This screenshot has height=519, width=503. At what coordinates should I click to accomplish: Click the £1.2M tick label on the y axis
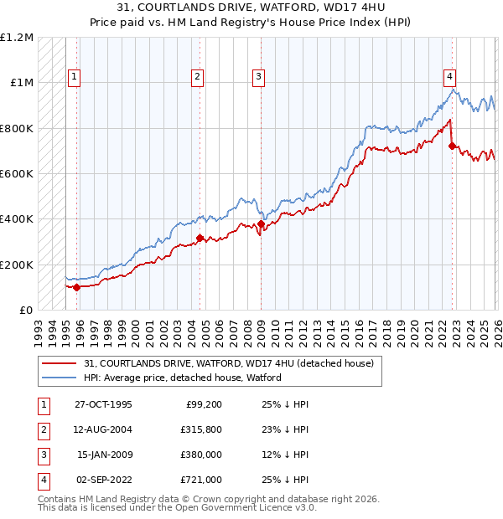(x=17, y=38)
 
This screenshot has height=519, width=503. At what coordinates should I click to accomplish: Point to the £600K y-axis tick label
(x=17, y=174)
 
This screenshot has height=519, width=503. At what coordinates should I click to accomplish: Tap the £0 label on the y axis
(x=26, y=310)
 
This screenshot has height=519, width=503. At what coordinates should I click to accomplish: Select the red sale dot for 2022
(x=452, y=146)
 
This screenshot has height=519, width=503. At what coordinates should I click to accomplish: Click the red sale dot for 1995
(x=77, y=287)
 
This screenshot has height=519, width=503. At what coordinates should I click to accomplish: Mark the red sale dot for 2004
(x=200, y=239)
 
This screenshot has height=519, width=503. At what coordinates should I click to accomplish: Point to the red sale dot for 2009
(x=261, y=224)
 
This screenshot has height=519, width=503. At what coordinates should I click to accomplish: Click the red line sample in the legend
(x=60, y=363)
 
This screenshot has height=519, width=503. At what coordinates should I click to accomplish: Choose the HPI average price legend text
(x=183, y=378)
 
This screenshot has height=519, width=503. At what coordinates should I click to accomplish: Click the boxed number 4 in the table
(x=43, y=480)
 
